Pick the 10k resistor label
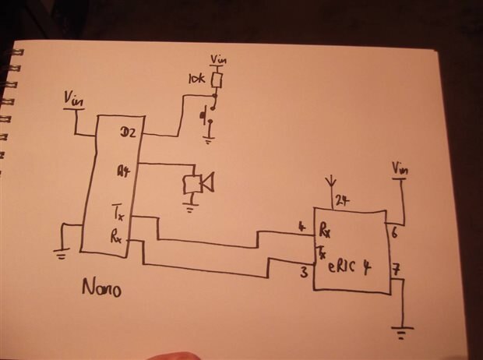pos(197,79)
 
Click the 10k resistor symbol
pos(218,79)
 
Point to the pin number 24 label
pos(343,200)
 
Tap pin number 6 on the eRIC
pos(395,231)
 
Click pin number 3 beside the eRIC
pos(305,272)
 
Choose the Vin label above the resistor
pos(220,58)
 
